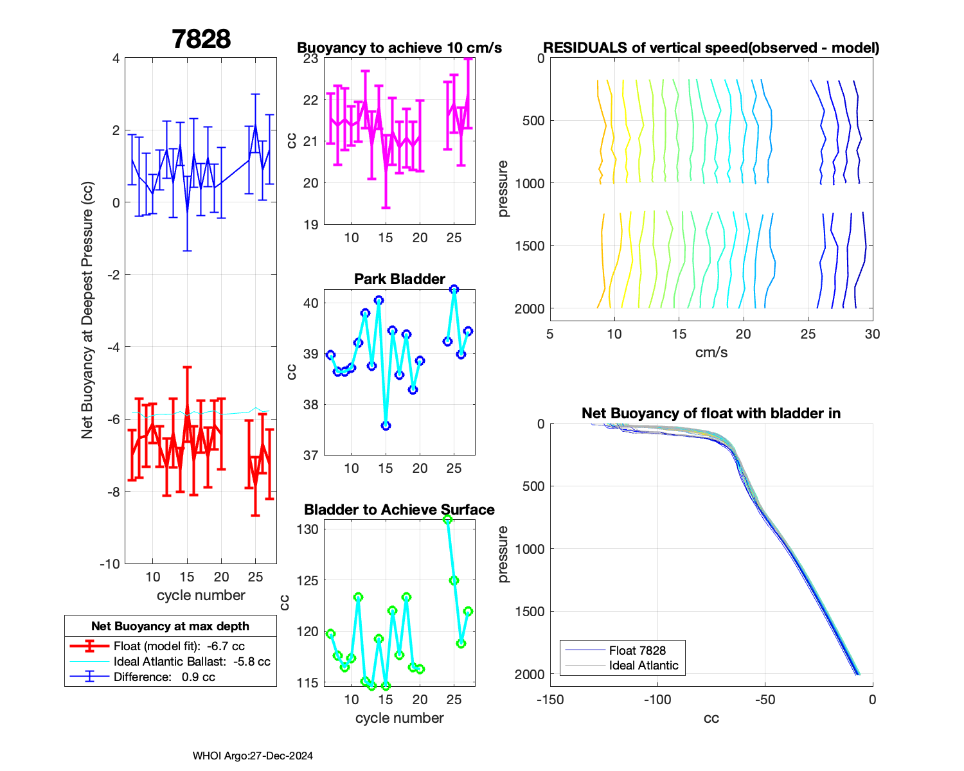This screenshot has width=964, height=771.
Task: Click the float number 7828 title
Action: (201, 39)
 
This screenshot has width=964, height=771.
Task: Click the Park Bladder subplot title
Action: (399, 279)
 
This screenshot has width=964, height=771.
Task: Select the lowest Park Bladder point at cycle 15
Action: (386, 426)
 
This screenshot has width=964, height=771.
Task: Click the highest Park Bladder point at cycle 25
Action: (454, 289)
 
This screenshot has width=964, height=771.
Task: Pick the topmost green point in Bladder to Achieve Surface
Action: (448, 519)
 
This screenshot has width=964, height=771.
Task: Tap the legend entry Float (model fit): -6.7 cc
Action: (179, 646)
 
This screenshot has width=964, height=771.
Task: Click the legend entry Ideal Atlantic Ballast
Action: (192, 662)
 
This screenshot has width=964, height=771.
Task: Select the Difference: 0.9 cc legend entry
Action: (164, 677)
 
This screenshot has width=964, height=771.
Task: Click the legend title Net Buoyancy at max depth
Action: (170, 626)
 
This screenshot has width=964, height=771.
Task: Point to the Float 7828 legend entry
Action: (637, 651)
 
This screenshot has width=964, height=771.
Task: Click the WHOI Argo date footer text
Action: (253, 756)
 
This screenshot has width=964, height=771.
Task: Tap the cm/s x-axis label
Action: (711, 352)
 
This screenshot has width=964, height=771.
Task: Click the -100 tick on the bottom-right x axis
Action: (657, 700)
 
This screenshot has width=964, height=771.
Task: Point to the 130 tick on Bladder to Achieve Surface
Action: (307, 529)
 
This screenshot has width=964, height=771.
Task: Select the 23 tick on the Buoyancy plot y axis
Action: (310, 58)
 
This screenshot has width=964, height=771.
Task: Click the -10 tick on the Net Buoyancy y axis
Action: (109, 564)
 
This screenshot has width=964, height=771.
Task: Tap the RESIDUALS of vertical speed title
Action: (711, 48)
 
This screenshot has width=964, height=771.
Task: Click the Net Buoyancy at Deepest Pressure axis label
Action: (87, 311)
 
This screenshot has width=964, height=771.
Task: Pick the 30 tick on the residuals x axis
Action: (872, 334)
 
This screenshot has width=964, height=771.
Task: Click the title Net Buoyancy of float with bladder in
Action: (711, 413)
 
